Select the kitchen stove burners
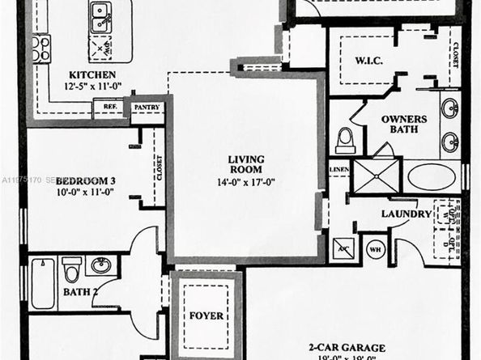point(40,49)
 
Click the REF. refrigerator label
point(106,106)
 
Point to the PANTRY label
point(146,107)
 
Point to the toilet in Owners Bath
point(346,139)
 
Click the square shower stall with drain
point(377,176)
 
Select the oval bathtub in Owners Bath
point(432,177)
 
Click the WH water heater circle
point(373,248)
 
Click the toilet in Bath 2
point(73,268)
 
